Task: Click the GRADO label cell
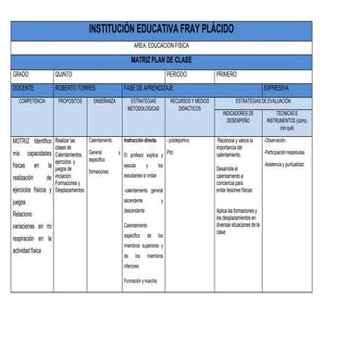pyautogui.click(x=21, y=73)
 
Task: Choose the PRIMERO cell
pyautogui.click(x=227, y=73)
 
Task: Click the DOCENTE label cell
pyautogui.click(x=23, y=87)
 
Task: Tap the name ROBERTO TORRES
pyautogui.click(x=76, y=87)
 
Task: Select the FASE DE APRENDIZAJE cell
pyautogui.click(x=149, y=87)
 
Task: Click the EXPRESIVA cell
pyautogui.click(x=277, y=87)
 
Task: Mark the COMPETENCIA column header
pyautogui.click(x=31, y=100)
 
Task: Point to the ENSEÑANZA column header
pyautogui.click(x=104, y=100)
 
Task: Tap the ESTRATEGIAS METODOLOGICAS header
pyautogui.click(x=143, y=104)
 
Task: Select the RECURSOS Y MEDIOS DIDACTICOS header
pyautogui.click(x=190, y=104)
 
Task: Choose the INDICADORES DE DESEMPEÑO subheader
pyautogui.click(x=238, y=117)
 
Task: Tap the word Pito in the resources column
pyautogui.click(x=171, y=151)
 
